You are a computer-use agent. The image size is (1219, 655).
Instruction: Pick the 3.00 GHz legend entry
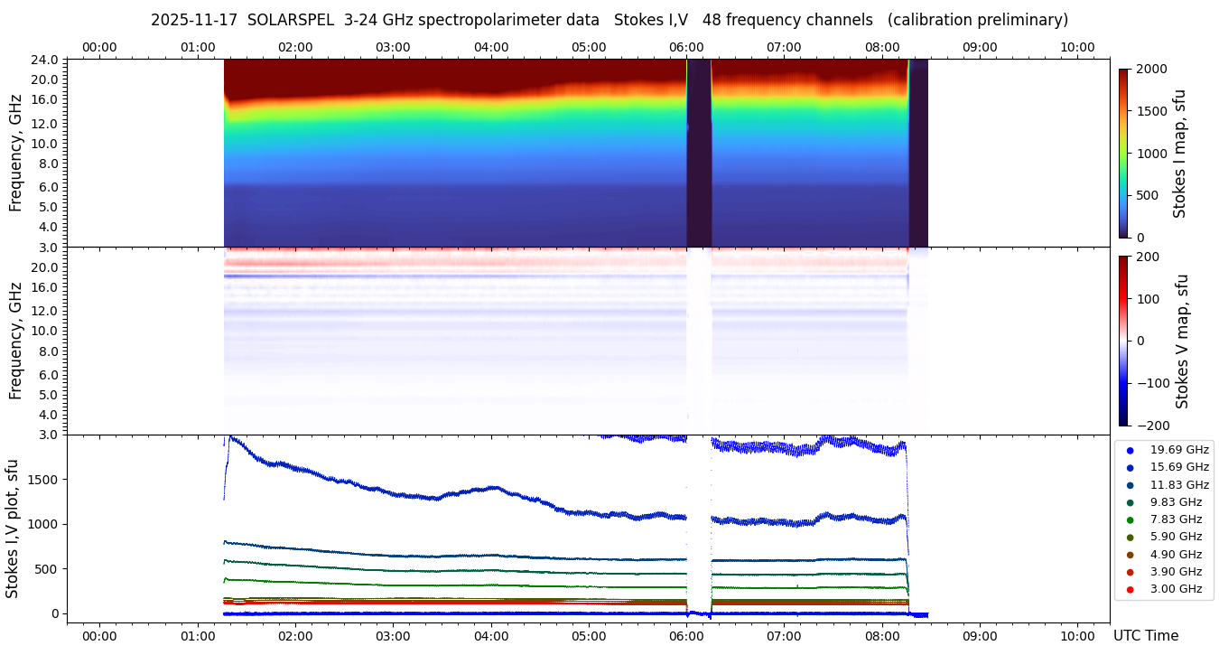pyautogui.click(x=1175, y=589)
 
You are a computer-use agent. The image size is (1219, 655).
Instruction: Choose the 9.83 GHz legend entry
pyautogui.click(x=1175, y=502)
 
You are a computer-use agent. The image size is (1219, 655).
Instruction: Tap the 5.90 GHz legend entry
pyautogui.click(x=1175, y=537)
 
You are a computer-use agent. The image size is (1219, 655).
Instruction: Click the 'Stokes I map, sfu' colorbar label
pyautogui.click(x=1180, y=154)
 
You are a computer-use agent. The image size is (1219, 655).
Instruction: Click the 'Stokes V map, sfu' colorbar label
pyautogui.click(x=1182, y=342)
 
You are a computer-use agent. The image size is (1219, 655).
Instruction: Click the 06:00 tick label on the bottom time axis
pyautogui.click(x=686, y=635)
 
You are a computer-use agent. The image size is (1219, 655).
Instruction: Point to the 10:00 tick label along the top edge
pyautogui.click(x=1077, y=47)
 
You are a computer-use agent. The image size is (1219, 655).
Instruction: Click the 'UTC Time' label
pyautogui.click(x=1146, y=636)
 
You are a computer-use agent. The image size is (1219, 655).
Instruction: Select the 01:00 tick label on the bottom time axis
pyautogui.click(x=198, y=635)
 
